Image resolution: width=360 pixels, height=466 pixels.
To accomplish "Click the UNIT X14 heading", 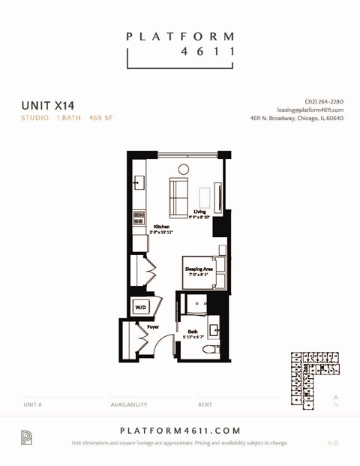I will (47, 105).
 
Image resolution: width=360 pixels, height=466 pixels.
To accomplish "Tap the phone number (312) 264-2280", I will (324, 101).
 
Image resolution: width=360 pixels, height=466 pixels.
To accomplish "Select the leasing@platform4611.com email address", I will (310, 110).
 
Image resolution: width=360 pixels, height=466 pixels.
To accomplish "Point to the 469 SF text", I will (100, 118).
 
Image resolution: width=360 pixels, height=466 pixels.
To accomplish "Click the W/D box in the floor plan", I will (141, 307).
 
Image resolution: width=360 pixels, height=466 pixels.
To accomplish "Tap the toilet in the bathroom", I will (209, 348).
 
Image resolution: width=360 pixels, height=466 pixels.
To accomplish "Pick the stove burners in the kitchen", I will (139, 218).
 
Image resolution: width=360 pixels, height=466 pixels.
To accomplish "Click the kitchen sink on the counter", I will (138, 182).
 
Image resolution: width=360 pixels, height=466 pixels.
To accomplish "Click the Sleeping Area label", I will (199, 269).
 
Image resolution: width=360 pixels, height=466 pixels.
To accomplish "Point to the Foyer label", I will (153, 327).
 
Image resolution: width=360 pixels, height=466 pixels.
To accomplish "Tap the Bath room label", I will (193, 332).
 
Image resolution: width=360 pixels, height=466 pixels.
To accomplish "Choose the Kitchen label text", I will (161, 227).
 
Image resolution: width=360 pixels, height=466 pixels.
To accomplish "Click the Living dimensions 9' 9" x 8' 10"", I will (200, 218).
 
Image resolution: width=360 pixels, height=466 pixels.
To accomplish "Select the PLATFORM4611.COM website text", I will (180, 431).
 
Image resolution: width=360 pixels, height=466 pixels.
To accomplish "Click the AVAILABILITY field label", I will (129, 404).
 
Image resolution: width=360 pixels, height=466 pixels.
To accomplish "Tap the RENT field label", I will (205, 404).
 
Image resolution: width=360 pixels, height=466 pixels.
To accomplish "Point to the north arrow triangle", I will (336, 397).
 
